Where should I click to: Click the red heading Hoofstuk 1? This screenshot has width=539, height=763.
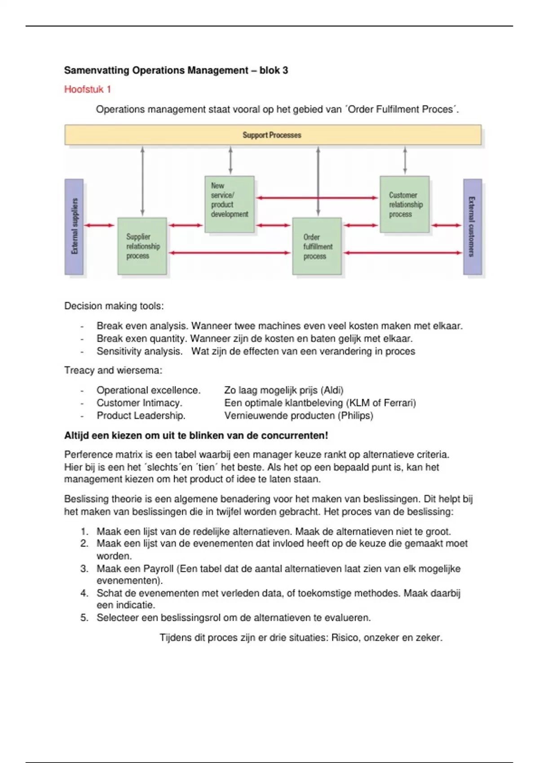coord(88,89)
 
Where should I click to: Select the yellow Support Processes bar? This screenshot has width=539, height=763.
coord(273,135)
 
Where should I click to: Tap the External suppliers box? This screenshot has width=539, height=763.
coord(74,226)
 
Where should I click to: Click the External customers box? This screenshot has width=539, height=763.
coord(472,226)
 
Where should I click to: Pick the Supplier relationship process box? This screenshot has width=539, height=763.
coord(142,246)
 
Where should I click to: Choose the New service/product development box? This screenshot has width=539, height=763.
coord(229,204)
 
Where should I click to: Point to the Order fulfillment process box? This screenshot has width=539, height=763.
coord(317,246)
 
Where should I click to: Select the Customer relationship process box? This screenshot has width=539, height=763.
coord(405,204)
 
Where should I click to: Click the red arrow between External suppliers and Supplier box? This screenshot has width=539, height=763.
coord(100,225)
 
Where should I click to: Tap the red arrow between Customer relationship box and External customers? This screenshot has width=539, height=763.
coord(446,225)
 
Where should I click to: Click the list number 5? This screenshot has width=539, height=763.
coord(84,618)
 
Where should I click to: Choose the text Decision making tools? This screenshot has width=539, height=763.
coord(114,306)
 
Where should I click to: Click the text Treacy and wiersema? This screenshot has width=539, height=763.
coord(113,370)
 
